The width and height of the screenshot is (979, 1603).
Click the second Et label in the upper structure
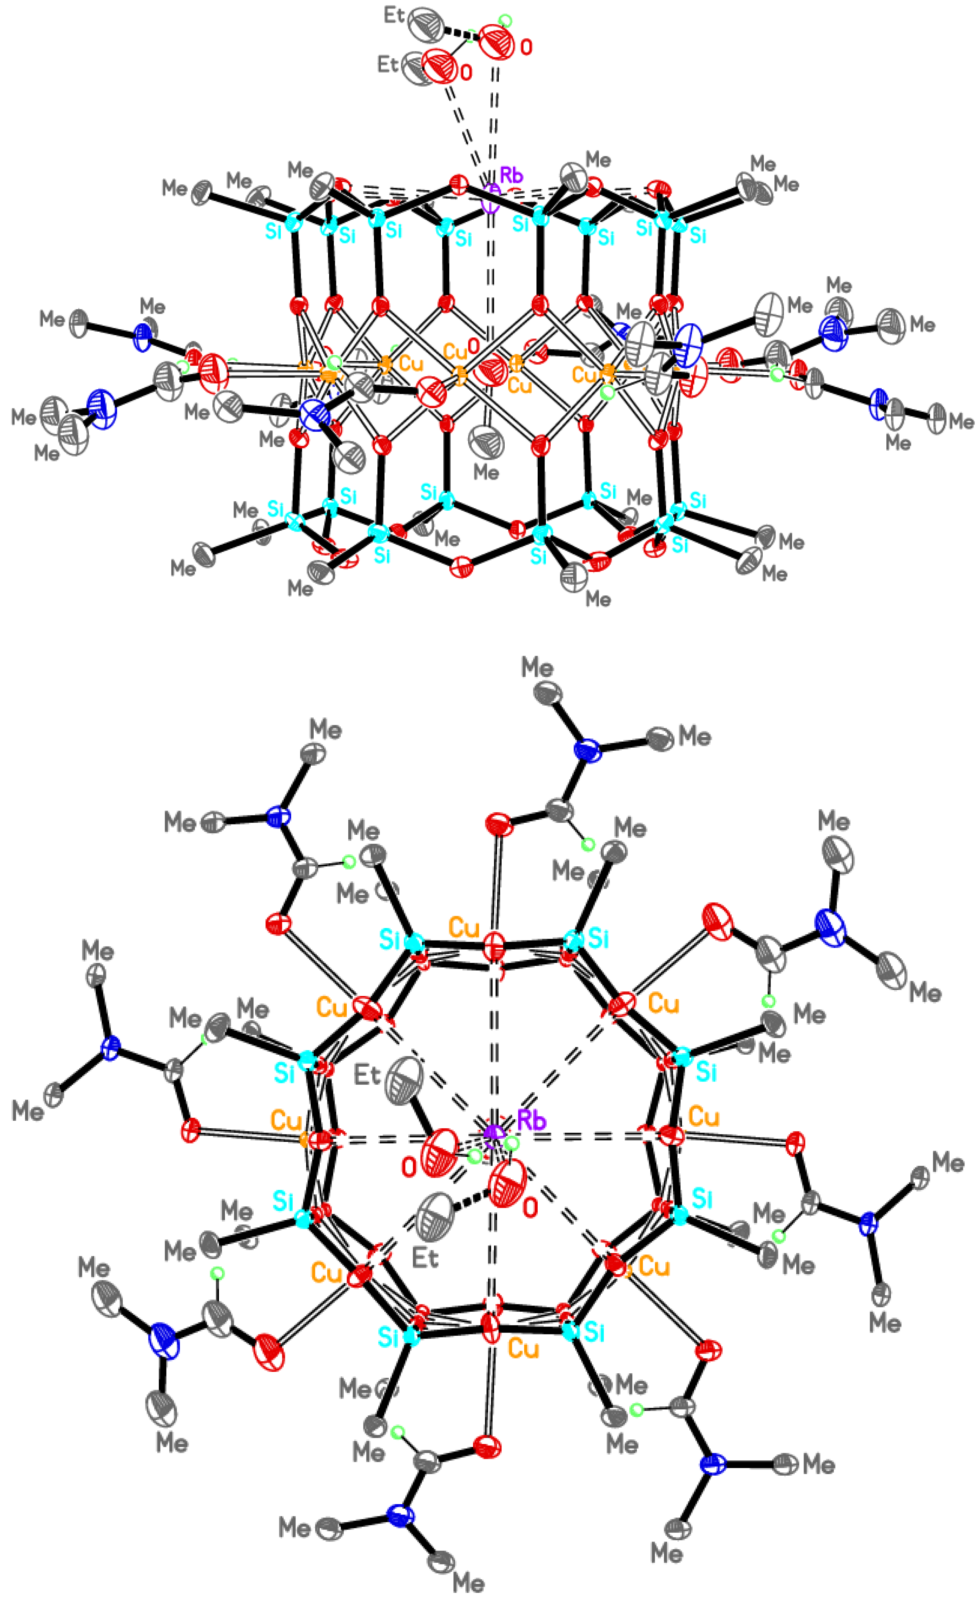(x=388, y=64)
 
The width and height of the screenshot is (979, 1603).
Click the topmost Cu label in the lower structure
(x=464, y=928)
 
